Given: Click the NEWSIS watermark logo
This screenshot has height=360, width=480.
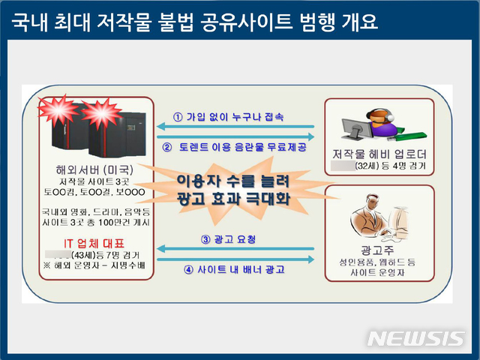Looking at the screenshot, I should click(416, 338).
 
